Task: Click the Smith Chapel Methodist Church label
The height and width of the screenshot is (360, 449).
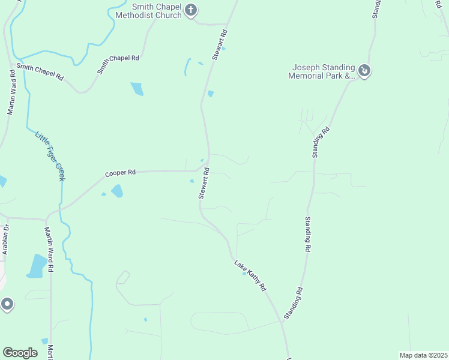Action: pos(148,11)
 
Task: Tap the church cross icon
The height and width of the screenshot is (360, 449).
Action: pos(191,10)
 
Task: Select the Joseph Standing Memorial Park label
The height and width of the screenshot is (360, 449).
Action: pos(322,71)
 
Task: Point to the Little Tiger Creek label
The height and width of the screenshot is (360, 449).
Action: pos(50,155)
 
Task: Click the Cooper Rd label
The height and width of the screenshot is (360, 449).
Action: pos(120,173)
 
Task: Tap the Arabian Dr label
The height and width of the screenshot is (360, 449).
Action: pos(7,239)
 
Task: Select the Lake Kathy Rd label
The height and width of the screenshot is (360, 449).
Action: pos(250,275)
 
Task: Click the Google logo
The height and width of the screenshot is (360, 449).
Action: pos(20,353)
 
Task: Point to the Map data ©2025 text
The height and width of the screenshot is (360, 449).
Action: pos(423,355)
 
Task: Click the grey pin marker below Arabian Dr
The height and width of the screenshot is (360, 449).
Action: pos(7,304)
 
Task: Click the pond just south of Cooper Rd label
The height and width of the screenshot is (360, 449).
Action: pos(117,191)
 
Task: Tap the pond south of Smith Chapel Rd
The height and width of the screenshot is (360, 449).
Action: pos(137,89)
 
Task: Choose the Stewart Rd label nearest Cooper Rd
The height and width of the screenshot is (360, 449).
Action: pos(204,183)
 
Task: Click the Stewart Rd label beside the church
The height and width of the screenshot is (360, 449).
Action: pos(220,44)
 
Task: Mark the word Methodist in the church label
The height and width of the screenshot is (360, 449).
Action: pos(148,15)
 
